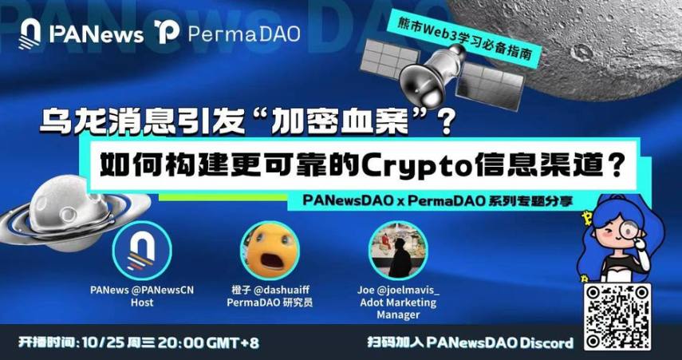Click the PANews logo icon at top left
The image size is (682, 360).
pos(30,34)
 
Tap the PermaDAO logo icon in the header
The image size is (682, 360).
pos(167,32)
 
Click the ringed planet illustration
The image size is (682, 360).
pos(65,213)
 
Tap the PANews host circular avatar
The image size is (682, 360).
pos(142,251)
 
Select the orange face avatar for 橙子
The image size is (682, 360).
pos(270,251)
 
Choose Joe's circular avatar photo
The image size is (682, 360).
pos(398,251)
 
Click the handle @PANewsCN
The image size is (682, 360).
pos(164,291)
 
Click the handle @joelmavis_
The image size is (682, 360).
pos(411,291)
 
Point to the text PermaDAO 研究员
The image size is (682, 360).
pos(270,303)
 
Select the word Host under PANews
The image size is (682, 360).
pos(142,303)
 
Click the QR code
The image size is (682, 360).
pos(617,317)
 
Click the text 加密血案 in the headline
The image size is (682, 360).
pos(345,121)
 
